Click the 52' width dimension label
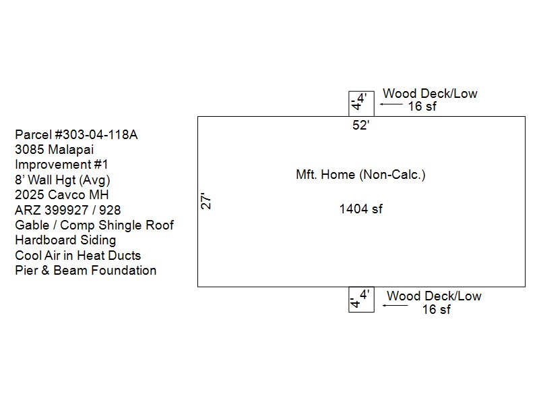[361, 126]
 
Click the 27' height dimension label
[207, 200]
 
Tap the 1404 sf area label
[360, 209]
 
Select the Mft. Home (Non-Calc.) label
[360, 175]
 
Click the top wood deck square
[360, 104]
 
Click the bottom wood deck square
[360, 299]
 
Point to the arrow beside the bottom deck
[395, 306]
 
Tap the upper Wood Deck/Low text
[430, 93]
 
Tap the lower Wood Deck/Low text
[434, 296]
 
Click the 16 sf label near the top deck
[422, 107]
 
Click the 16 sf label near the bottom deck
[436, 310]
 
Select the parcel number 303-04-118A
[76, 134]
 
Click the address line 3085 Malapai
[55, 149]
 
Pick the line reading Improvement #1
[61, 165]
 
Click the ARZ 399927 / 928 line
[68, 210]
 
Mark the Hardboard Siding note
[65, 240]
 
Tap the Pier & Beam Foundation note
[86, 271]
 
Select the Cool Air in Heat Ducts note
[78, 255]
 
